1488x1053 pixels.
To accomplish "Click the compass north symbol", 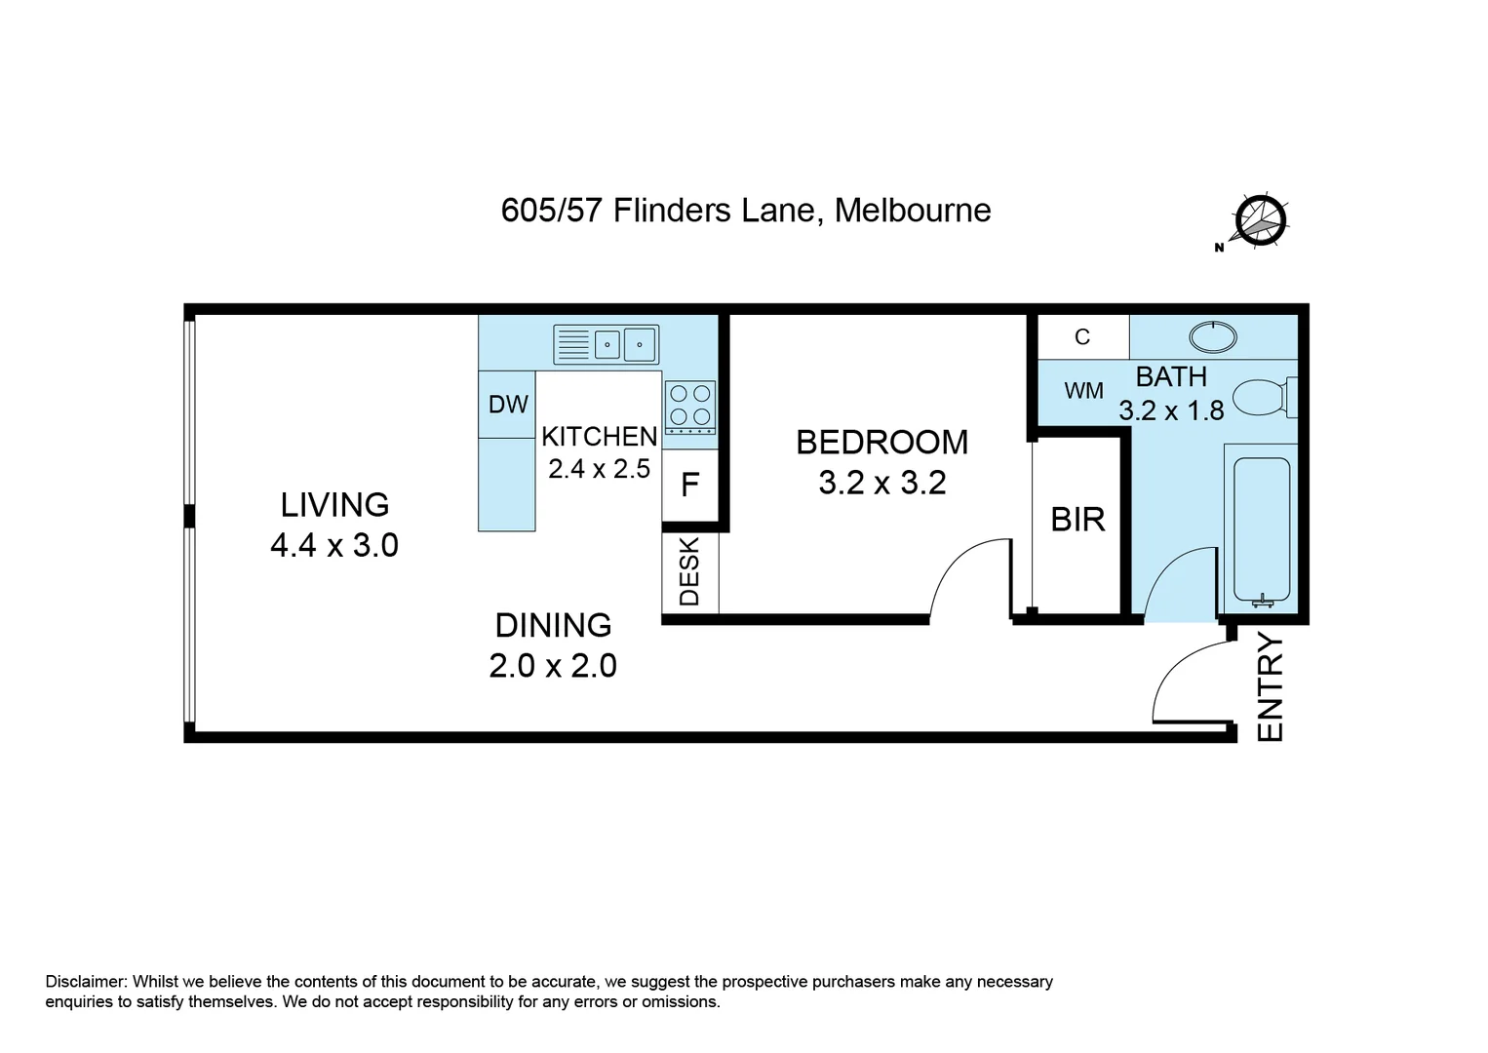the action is point(1258,221).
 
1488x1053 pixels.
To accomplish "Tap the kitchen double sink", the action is point(606,344).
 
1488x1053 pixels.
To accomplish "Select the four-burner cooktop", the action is point(689,408).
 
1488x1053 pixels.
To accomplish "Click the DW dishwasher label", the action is point(508,404).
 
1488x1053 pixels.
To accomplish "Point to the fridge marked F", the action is point(690,485).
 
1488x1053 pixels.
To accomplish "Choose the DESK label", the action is point(689,572).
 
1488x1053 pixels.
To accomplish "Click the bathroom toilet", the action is point(1265,397).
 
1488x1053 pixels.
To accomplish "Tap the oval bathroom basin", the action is point(1212,336).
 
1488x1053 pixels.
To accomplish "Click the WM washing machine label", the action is point(1083,391).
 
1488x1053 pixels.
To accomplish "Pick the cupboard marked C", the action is point(1082,336).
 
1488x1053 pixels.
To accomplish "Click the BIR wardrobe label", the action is point(1077,520).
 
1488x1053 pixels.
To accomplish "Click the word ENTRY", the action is point(1270,687).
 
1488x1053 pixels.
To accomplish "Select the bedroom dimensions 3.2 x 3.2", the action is point(882,483).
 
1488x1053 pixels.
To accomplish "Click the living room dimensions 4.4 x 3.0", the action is point(334,546).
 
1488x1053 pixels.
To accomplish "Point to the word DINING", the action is point(553,625).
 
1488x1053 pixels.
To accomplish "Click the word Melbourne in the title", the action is point(913,211).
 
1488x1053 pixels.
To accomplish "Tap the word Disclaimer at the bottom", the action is point(86,981).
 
